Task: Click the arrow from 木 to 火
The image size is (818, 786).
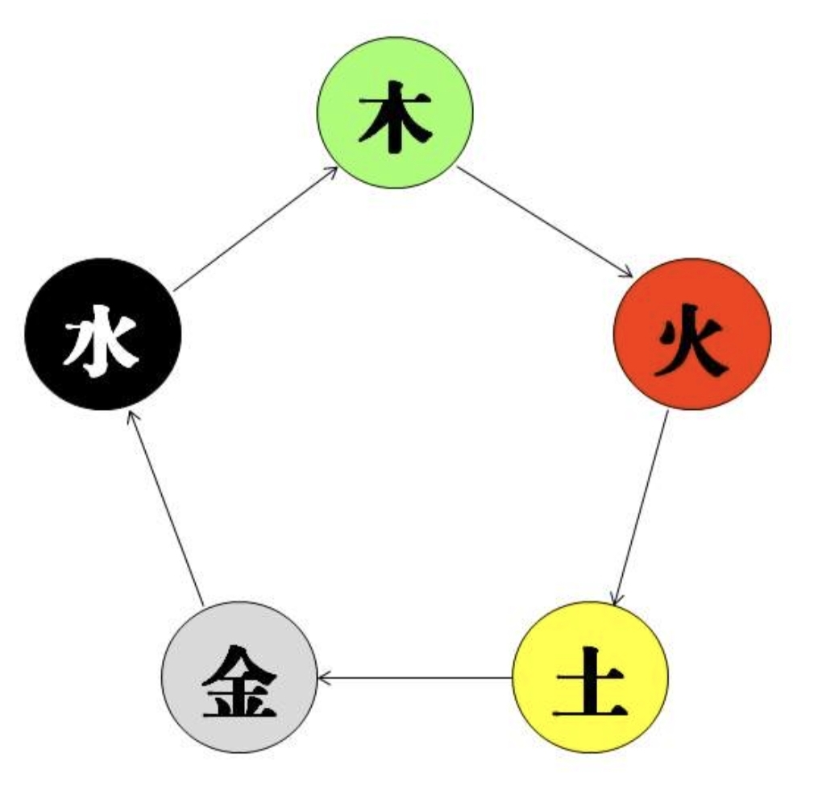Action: click(544, 222)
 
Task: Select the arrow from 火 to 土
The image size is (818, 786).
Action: click(641, 507)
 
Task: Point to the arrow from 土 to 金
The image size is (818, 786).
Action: click(415, 677)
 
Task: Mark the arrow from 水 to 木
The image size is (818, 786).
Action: click(256, 227)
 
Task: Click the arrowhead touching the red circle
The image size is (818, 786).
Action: click(627, 273)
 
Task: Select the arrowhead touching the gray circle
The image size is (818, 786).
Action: click(323, 677)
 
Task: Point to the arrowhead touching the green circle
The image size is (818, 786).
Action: click(332, 170)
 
